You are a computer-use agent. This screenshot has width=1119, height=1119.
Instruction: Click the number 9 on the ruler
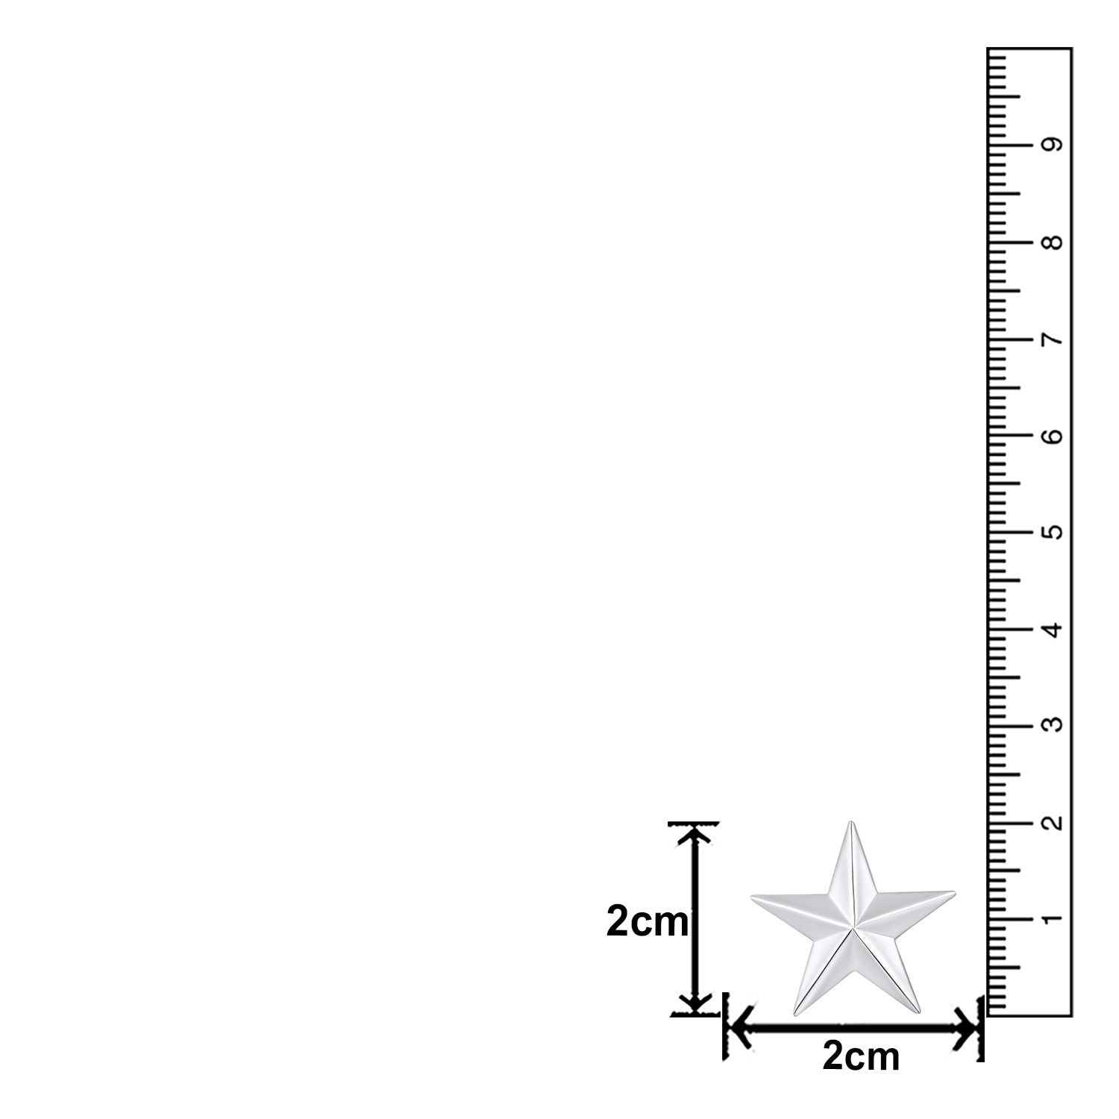coord(1053,145)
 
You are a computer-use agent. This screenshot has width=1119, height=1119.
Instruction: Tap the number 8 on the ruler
coord(1053,242)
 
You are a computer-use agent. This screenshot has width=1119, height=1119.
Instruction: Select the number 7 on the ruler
coord(1053,340)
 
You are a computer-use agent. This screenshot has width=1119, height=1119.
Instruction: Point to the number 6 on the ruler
coord(1053,436)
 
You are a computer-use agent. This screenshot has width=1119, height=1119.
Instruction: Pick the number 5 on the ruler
coord(1053,533)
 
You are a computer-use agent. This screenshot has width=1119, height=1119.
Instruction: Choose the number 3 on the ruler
coord(1053,725)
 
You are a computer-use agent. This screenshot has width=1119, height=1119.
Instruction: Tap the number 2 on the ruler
coord(1053,823)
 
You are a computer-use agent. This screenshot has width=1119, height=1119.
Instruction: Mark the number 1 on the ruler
coord(1053,919)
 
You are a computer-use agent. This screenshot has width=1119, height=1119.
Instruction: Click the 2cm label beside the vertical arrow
coord(647,922)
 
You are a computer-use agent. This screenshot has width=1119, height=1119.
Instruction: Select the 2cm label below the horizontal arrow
coord(861,1056)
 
